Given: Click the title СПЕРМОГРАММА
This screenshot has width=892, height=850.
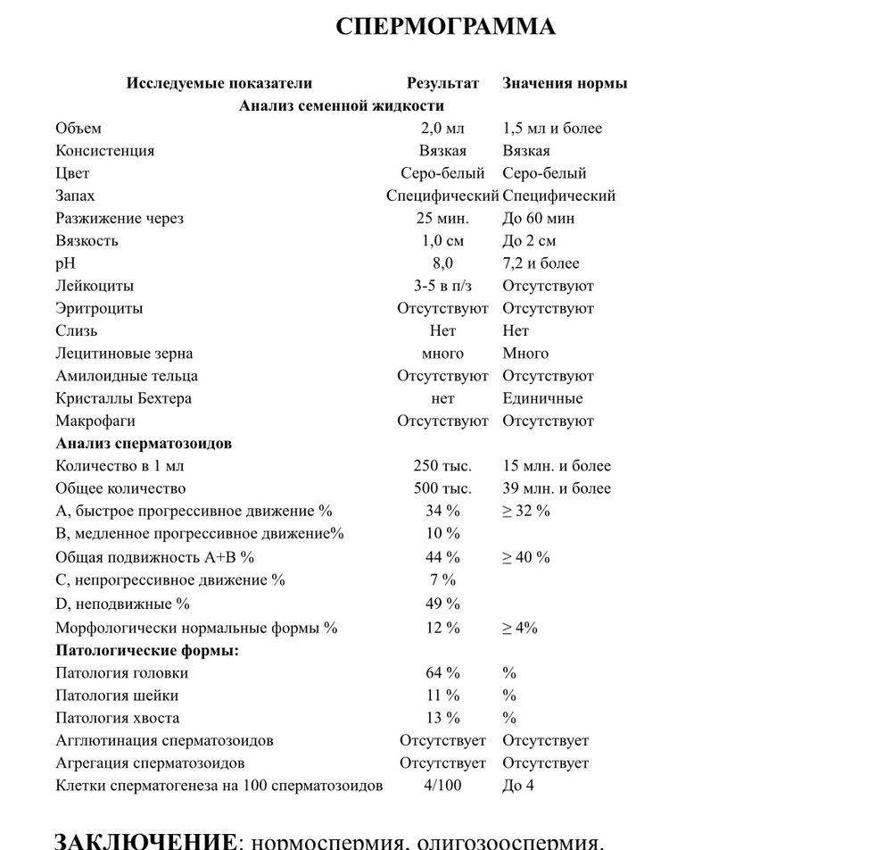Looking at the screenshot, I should click(x=445, y=27).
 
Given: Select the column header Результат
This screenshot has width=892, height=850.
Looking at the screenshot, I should click(x=442, y=83).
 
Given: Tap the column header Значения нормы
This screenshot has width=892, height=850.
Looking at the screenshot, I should click(x=565, y=83).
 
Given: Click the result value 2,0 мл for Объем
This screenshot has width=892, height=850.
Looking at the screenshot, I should click(x=442, y=129).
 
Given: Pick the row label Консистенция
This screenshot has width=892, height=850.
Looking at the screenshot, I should click(x=104, y=151).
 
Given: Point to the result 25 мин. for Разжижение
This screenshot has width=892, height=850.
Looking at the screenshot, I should click(x=442, y=219).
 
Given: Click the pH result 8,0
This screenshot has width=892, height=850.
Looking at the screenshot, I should click(x=442, y=263).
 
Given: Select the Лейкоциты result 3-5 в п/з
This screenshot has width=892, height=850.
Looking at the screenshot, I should click(x=442, y=286).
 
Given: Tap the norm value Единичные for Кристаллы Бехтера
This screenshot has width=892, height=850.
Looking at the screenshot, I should click(x=542, y=398).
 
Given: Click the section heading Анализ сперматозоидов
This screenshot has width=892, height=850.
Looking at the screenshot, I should click(x=144, y=443).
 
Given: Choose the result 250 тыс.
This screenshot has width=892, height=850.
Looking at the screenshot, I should click(x=442, y=466).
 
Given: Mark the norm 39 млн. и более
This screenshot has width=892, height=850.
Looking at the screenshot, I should click(x=557, y=488).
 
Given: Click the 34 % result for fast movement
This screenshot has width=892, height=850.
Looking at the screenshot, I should click(x=442, y=511).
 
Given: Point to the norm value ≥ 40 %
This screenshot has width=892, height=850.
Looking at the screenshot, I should click(x=526, y=557).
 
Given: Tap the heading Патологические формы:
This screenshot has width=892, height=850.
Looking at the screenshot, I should click(x=147, y=650).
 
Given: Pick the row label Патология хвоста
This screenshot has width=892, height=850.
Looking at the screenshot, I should click(x=117, y=718).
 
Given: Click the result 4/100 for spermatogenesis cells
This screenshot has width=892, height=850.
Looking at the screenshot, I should click(x=442, y=786).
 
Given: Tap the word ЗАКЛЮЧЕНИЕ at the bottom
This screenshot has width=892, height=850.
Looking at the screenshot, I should click(x=145, y=840).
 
